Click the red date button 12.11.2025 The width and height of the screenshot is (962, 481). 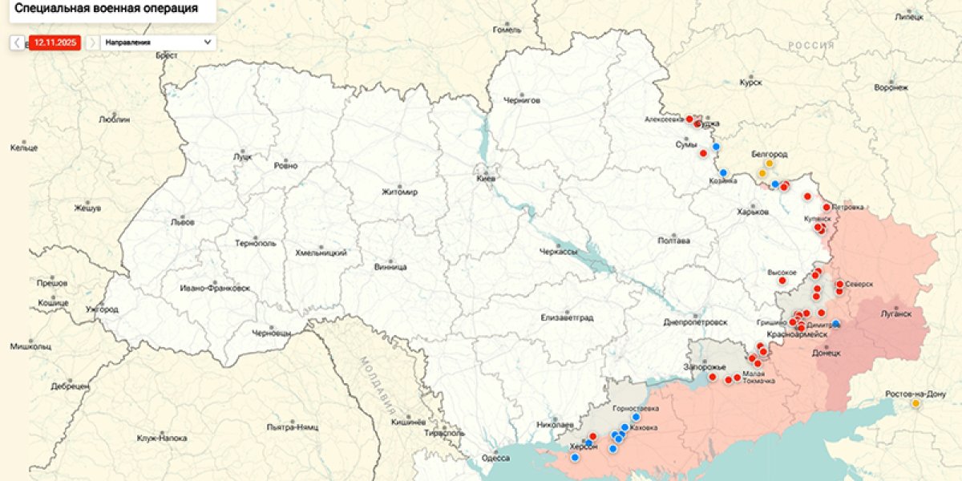click(55, 42)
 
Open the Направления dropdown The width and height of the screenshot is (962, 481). click(158, 42)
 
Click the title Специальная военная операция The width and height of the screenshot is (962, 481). click(107, 9)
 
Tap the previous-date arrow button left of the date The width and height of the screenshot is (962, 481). click(17, 42)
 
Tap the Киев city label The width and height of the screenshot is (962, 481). click(486, 179)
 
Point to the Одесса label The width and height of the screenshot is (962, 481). click(495, 458)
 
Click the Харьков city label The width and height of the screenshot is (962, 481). click(753, 212)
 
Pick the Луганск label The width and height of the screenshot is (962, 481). click(895, 313)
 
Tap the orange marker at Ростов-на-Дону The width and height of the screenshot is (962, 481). click(916, 403)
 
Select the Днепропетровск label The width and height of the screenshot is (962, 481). click(696, 321)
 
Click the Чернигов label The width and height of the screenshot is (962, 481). click(522, 101)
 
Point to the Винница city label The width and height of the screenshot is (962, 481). click(390, 266)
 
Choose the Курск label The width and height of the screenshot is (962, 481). click(751, 82)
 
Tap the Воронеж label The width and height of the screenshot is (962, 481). click(891, 87)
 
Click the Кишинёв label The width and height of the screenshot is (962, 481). click(406, 421)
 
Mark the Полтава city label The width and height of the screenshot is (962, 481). click(673, 240)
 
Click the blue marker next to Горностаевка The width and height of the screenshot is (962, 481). click(637, 417)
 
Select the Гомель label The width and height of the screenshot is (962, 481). click(507, 30)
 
